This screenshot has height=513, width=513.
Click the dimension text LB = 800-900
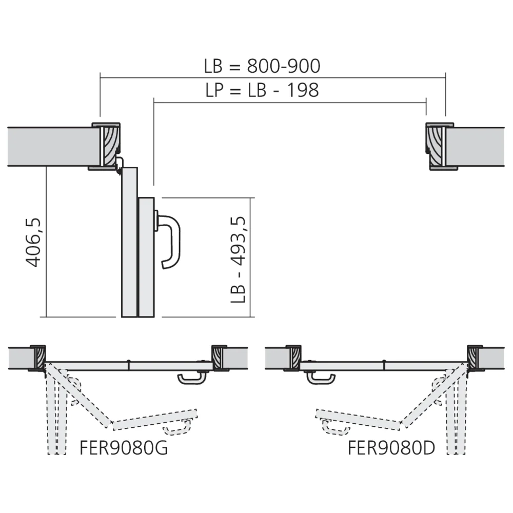click(x=262, y=67)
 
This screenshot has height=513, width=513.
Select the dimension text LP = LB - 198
click(x=262, y=90)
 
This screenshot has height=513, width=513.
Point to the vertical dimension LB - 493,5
click(x=238, y=259)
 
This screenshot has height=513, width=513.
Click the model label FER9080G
click(x=124, y=448)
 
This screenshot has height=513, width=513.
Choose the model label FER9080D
click(x=391, y=448)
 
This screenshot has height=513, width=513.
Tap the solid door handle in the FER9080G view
click(x=192, y=379)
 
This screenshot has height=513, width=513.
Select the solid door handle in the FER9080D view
click(x=321, y=379)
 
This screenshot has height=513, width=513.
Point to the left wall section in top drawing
click(x=51, y=147)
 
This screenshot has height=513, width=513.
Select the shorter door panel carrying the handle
click(x=146, y=256)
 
